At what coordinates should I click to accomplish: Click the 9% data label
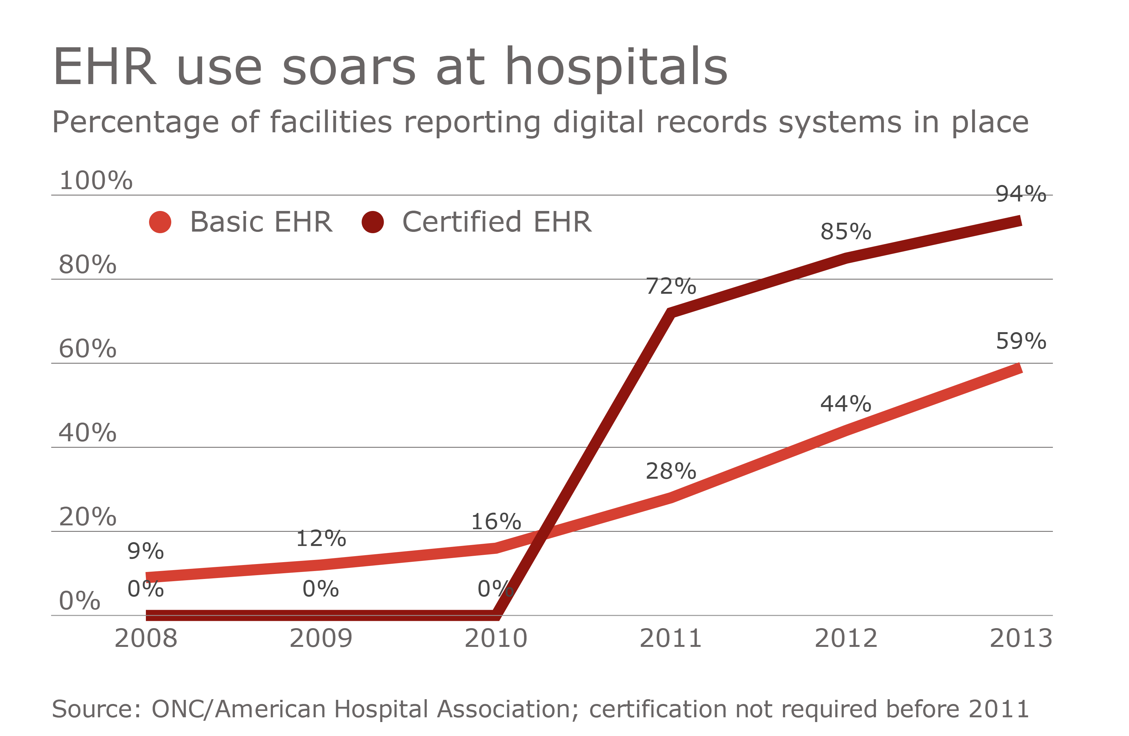pos(145,551)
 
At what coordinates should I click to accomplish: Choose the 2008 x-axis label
pos(146,638)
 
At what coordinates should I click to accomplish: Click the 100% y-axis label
pos(95,181)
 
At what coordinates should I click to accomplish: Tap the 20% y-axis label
pos(87,517)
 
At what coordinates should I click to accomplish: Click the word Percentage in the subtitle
pos(135,123)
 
